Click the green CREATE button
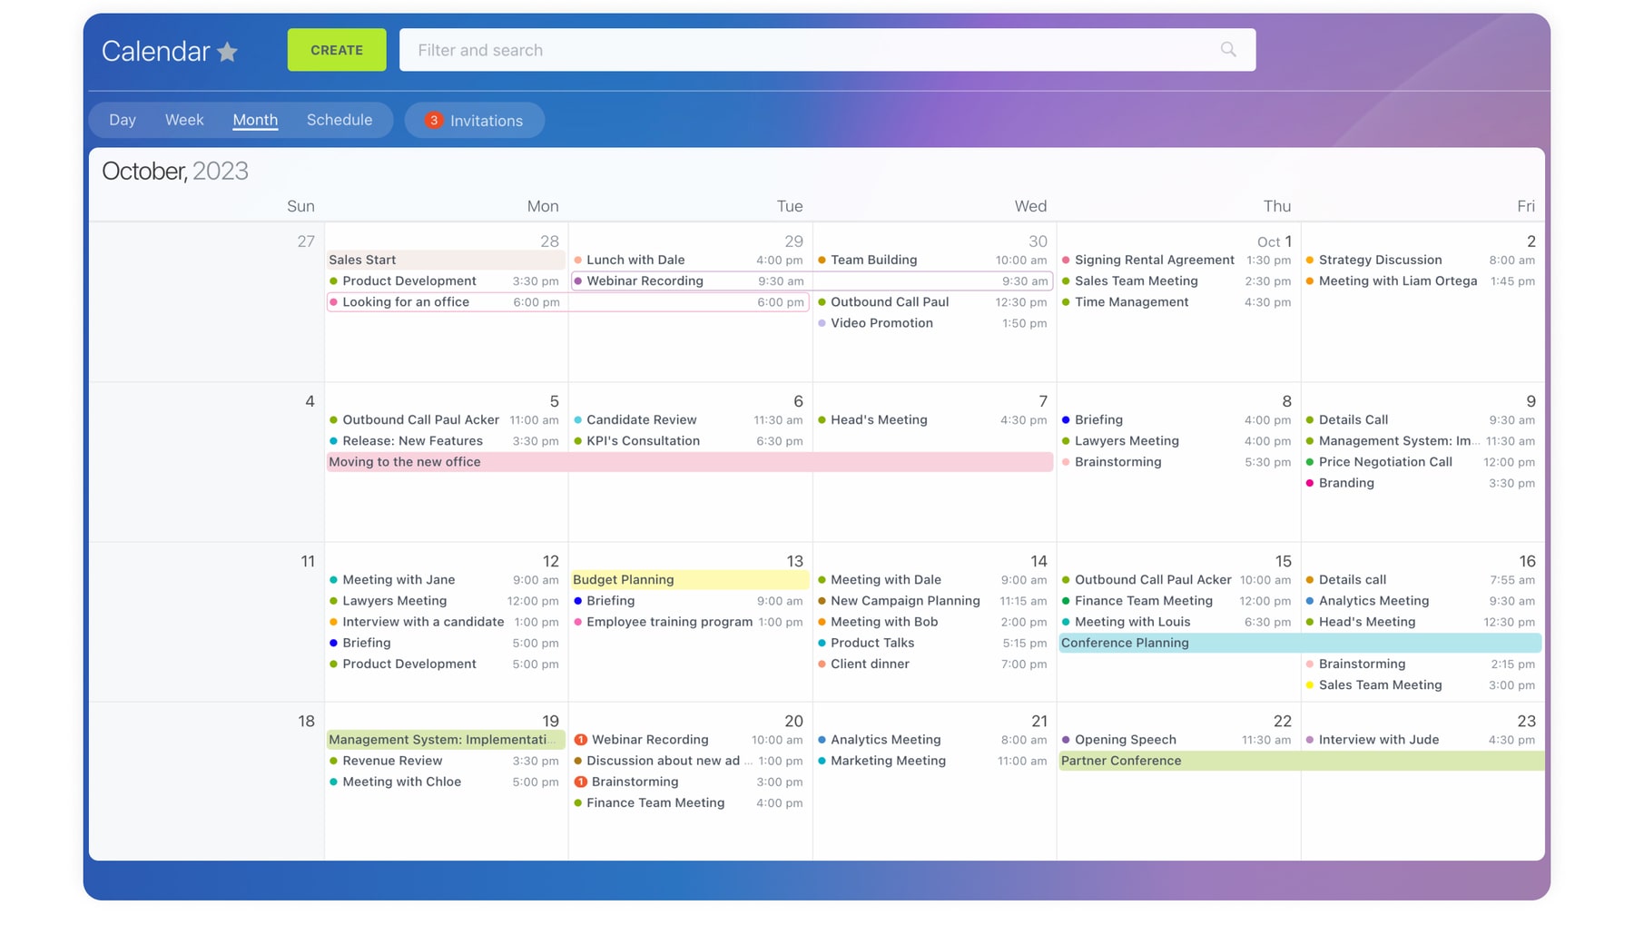[x=336, y=50]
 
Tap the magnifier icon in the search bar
[x=1227, y=50]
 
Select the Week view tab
[x=184, y=120]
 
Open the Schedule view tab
[x=339, y=120]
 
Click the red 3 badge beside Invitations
[x=434, y=120]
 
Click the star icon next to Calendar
[x=228, y=53]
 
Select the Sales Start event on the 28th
[x=363, y=260]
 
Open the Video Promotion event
[x=881, y=323]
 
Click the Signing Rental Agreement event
[x=1154, y=260]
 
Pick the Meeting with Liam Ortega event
[x=1397, y=281]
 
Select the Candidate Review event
[x=641, y=420]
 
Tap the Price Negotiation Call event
[x=1384, y=462]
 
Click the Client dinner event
[x=869, y=664]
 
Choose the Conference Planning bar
[x=1298, y=643]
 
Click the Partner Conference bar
[x=1298, y=761]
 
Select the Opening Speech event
[x=1125, y=740]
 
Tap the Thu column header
[x=1275, y=206]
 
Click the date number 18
[x=306, y=722]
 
